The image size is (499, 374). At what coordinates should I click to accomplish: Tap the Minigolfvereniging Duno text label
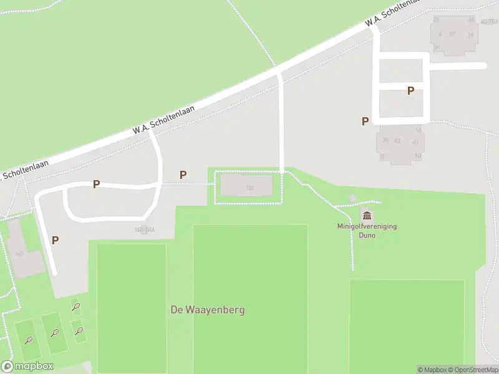pyautogui.click(x=368, y=231)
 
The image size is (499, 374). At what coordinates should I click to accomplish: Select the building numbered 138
pyautogui.click(x=247, y=186)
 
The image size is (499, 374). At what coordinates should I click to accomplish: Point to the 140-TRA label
pyautogui.click(x=144, y=230)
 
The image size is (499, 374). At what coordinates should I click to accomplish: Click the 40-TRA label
pyautogui.click(x=488, y=22)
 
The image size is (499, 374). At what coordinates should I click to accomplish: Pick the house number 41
pyautogui.click(x=415, y=142)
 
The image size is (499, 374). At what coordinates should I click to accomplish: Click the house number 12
pyautogui.click(x=452, y=34)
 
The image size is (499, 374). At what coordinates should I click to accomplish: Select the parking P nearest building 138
pyautogui.click(x=183, y=175)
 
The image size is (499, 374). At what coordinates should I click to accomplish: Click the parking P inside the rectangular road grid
pyautogui.click(x=410, y=90)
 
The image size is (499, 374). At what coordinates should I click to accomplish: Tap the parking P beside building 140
pyautogui.click(x=56, y=240)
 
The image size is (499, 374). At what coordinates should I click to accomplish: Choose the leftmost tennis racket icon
pyautogui.click(x=29, y=340)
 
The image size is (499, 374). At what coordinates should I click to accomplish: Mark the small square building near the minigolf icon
pyautogui.click(x=352, y=198)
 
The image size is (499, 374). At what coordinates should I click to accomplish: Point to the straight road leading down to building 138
pyautogui.click(x=281, y=125)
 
